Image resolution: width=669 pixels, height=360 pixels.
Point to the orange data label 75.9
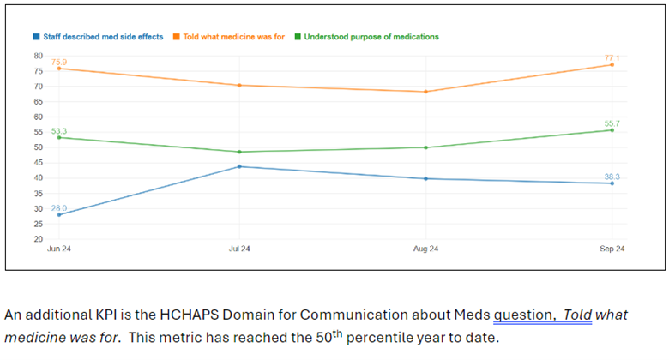58,62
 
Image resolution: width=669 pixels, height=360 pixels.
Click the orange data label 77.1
612,57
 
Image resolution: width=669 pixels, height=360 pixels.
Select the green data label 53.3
58,131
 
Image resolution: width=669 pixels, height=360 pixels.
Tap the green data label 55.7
612,123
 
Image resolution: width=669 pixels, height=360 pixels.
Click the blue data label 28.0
58,208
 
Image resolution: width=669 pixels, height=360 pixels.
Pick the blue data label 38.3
612,177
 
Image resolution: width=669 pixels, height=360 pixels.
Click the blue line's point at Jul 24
239,166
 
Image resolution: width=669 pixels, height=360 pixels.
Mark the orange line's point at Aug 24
426,92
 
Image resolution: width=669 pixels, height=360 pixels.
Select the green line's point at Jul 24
239,152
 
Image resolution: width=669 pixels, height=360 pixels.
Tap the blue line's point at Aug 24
426,179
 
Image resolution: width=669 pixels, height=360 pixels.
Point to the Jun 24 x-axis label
58,249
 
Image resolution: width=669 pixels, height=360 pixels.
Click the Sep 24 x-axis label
612,249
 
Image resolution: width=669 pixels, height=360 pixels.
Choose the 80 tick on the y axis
38,56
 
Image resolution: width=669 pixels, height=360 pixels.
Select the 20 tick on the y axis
38,239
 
